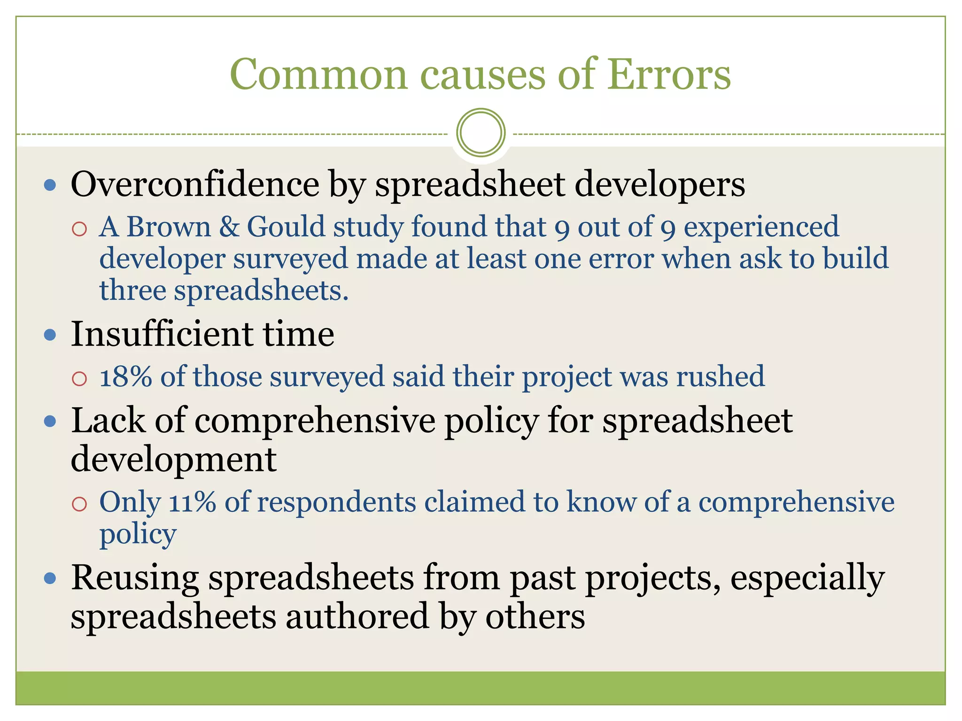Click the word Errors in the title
(x=669, y=75)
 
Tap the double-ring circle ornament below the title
(x=481, y=132)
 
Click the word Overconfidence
(x=194, y=184)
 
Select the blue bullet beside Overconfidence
(x=50, y=185)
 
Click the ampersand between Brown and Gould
(x=229, y=227)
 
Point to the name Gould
(x=286, y=227)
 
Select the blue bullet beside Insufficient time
(x=50, y=335)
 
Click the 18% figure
(x=125, y=376)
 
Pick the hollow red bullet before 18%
(x=79, y=378)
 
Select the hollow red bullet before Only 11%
(x=79, y=504)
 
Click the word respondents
(x=336, y=502)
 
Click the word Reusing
(x=135, y=578)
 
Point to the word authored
(x=357, y=616)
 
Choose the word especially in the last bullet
(x=807, y=578)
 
